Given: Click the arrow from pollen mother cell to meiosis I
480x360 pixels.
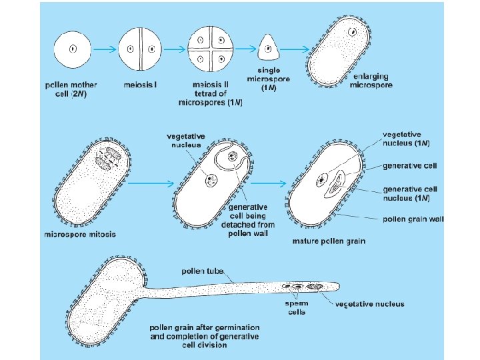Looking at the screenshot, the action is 104,49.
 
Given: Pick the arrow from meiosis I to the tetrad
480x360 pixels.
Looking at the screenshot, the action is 173,49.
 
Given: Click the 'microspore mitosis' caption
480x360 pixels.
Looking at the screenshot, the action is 80,235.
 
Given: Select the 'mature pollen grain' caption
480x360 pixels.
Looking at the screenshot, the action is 329,240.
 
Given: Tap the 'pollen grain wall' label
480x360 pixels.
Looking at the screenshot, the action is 414,219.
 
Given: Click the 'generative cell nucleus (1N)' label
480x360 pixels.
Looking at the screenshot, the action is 409,193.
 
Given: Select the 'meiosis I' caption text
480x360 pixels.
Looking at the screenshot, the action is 139,85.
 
